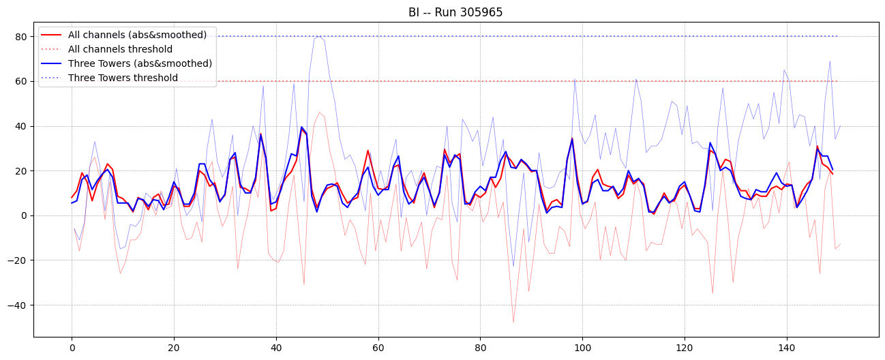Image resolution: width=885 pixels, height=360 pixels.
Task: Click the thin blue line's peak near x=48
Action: click(x=317, y=37)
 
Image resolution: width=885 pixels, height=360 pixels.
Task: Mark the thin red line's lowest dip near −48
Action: click(x=513, y=322)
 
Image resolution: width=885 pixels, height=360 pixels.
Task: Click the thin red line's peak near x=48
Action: click(x=318, y=112)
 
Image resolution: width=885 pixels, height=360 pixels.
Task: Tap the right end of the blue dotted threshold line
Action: click(x=838, y=36)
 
